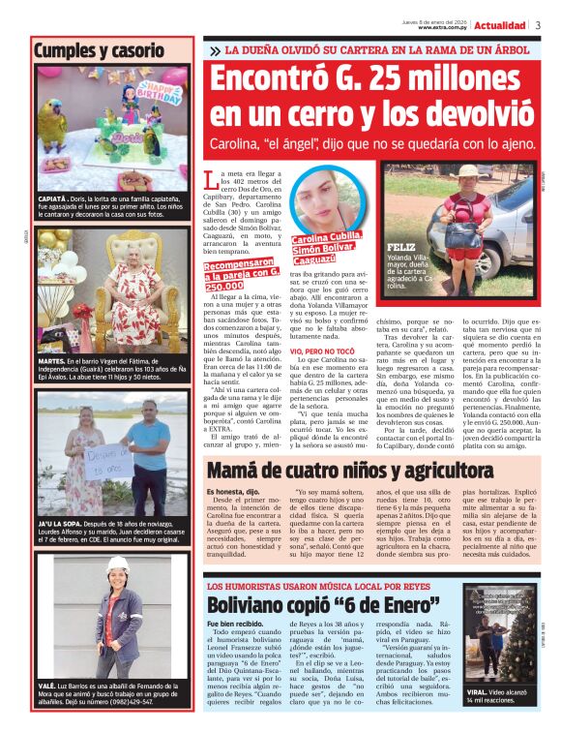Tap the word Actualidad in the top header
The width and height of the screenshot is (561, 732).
(x=500, y=25)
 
